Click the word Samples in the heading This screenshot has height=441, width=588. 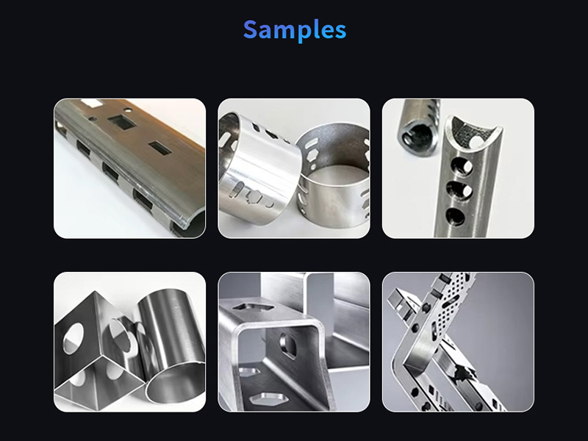pyautogui.click(x=295, y=30)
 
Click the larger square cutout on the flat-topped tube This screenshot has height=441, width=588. pyautogui.click(x=121, y=122)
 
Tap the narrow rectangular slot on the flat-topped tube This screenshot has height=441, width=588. pyautogui.click(x=160, y=148)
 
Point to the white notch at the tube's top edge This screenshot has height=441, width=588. pyautogui.click(x=91, y=104)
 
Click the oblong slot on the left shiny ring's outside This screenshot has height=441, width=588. pyautogui.click(x=234, y=190)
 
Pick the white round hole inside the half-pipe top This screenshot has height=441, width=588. pyautogui.click(x=476, y=141)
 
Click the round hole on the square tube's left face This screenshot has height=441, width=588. pyautogui.click(x=73, y=338)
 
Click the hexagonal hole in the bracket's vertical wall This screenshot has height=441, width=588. pyautogui.click(x=288, y=345)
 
